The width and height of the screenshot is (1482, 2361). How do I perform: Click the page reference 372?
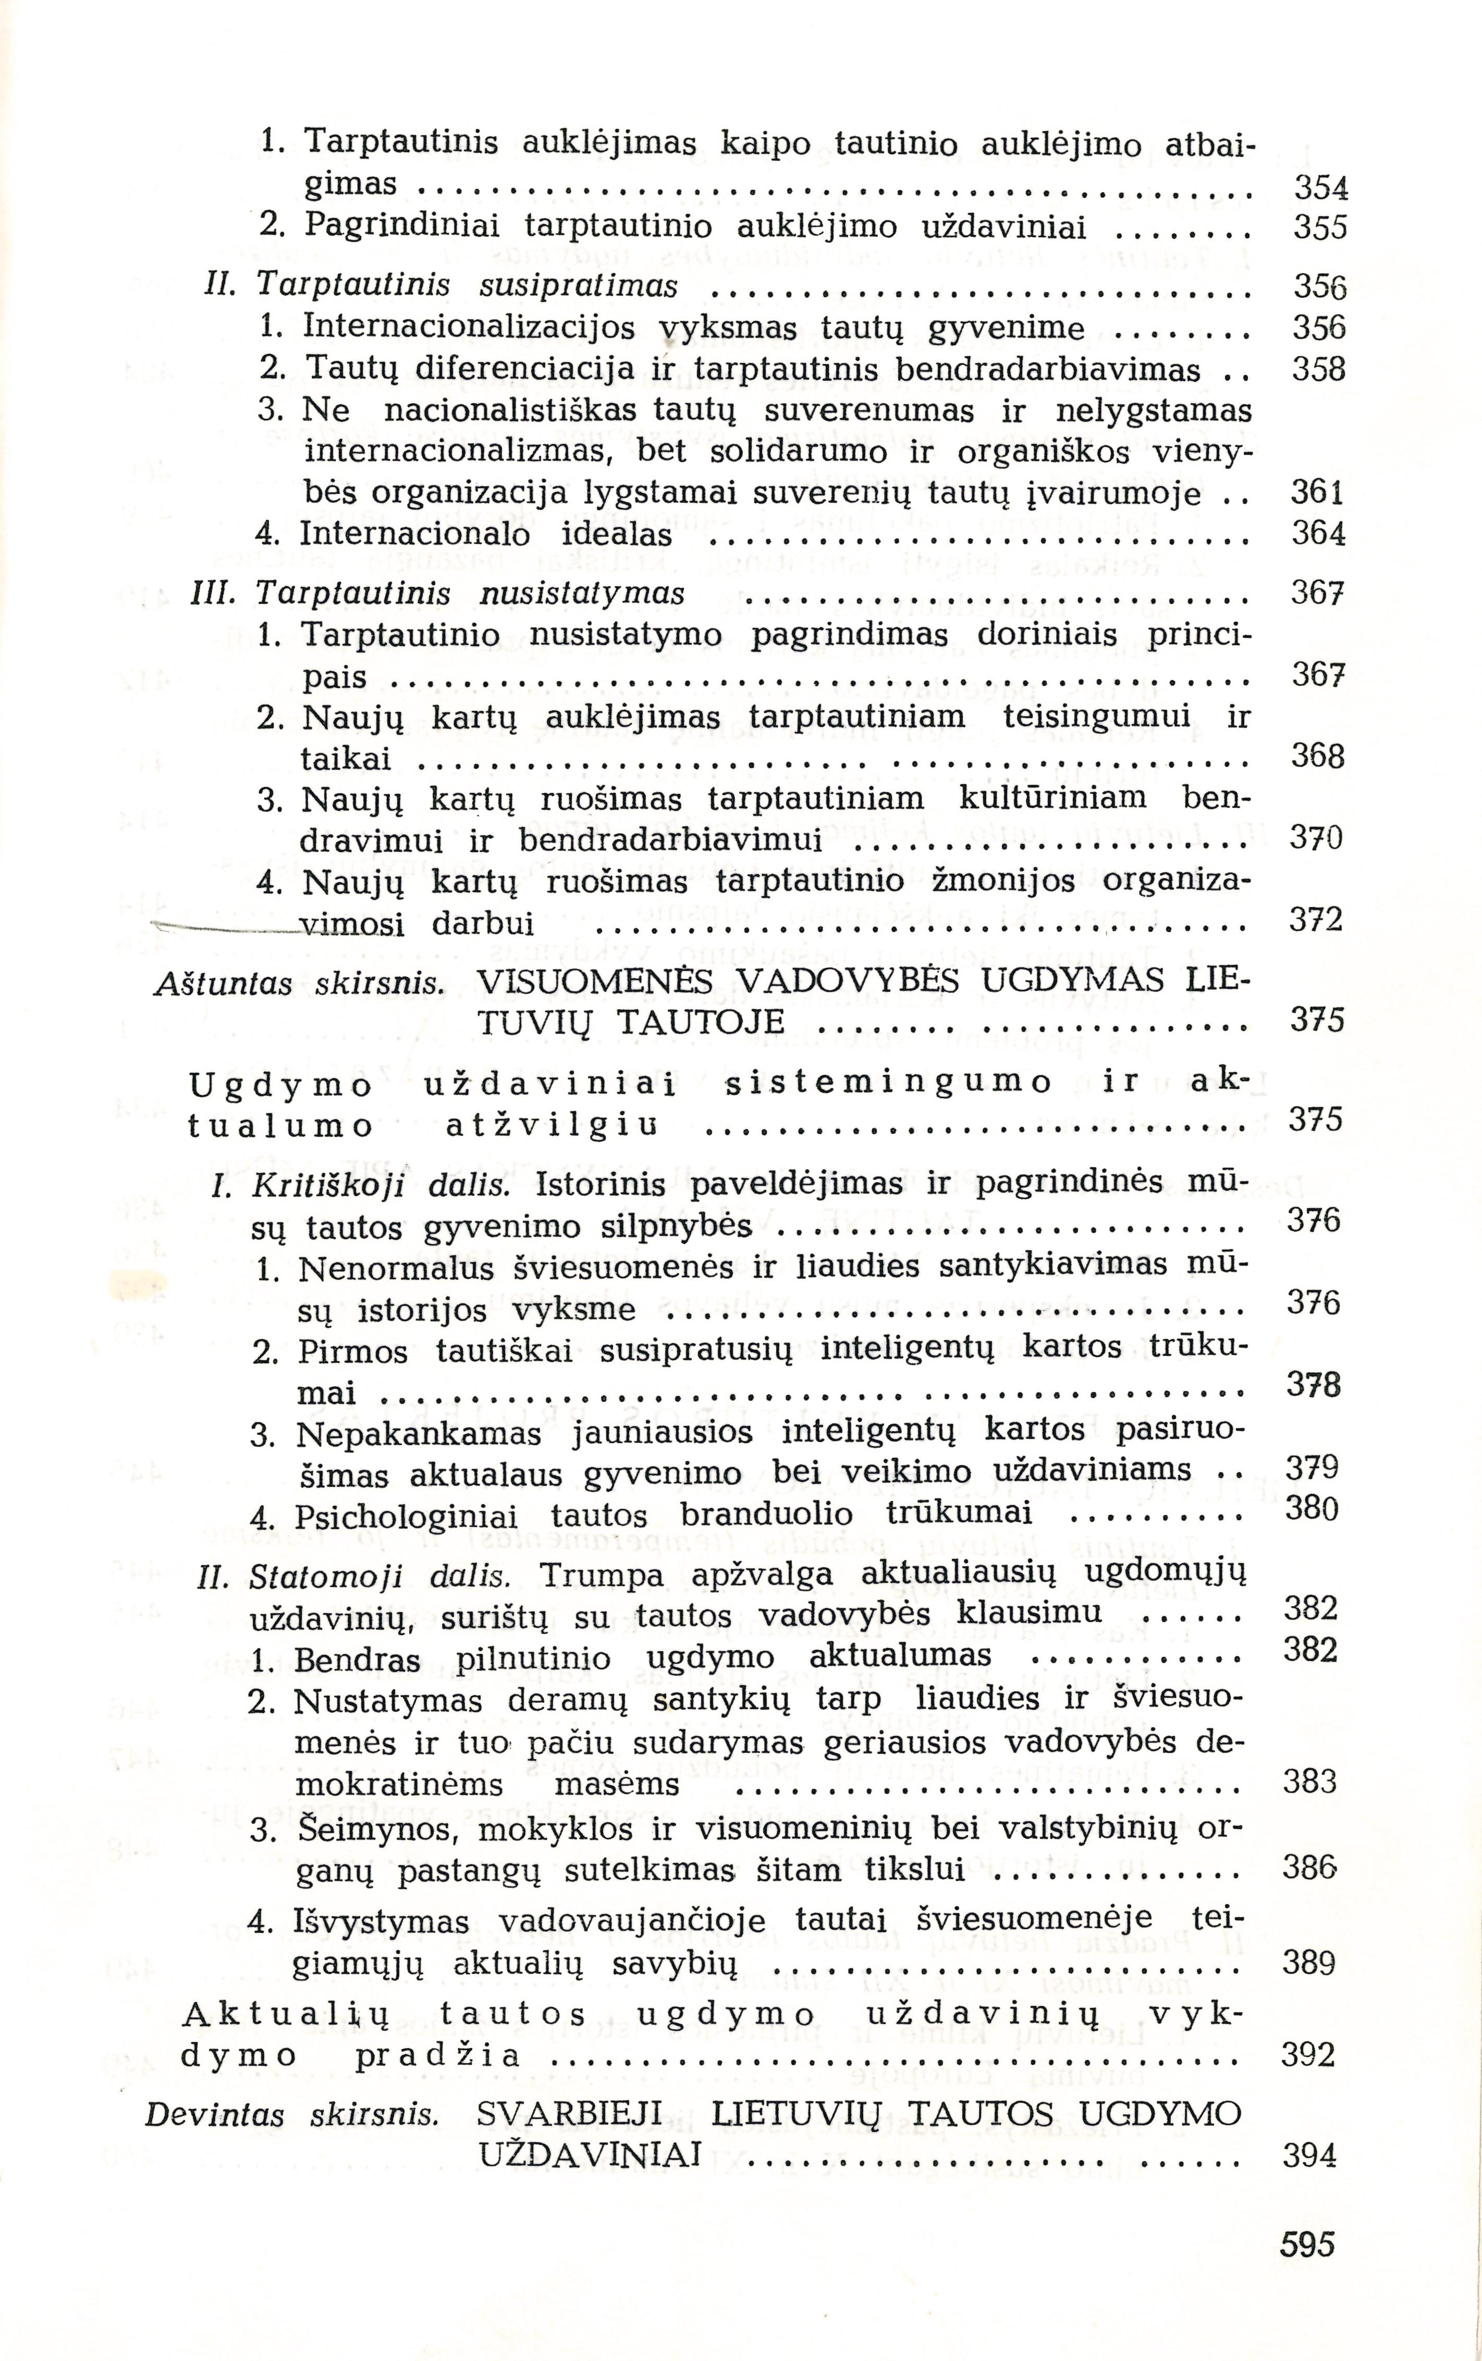(x=1314, y=921)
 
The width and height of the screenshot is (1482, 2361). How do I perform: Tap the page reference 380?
(x=1312, y=1508)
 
